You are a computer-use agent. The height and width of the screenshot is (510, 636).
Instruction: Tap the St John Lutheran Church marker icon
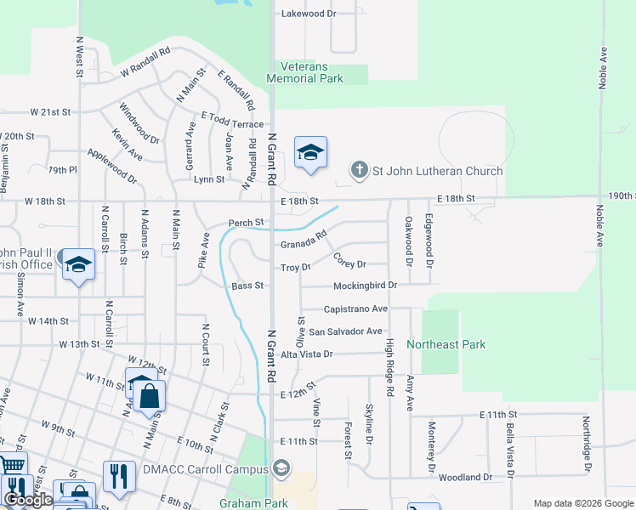[x=360, y=170]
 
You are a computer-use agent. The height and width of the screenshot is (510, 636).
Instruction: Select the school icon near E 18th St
[x=309, y=154]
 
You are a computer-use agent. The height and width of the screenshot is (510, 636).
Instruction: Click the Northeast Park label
[x=446, y=344]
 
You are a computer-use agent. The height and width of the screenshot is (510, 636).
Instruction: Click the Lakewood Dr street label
[x=309, y=14]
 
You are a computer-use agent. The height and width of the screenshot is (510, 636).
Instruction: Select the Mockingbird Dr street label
[x=366, y=286]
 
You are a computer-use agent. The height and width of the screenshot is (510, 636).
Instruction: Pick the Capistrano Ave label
[x=355, y=309]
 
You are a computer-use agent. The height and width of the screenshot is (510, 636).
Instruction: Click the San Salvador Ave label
[x=345, y=331]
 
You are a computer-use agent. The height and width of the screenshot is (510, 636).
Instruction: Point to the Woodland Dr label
[x=465, y=478]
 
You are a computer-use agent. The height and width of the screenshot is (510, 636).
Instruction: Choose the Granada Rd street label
[x=304, y=241]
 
